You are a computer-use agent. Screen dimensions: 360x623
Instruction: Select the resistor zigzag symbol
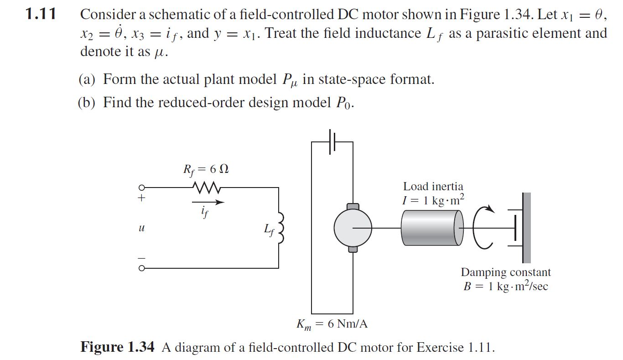click(207, 187)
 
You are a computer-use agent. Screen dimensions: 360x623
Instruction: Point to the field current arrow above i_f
click(208, 201)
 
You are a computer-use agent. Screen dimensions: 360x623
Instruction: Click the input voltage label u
click(142, 227)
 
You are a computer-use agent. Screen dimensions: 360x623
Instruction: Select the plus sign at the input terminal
click(142, 198)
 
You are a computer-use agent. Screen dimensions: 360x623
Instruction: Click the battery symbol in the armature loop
click(332, 142)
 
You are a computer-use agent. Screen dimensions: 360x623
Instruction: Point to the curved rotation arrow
click(484, 227)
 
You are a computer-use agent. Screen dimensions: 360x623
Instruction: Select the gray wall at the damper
click(527, 227)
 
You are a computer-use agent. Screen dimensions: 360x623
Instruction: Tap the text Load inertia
click(433, 186)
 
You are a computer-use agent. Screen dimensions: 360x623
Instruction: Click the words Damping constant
click(505, 272)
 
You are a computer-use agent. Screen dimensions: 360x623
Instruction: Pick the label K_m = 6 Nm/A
click(332, 324)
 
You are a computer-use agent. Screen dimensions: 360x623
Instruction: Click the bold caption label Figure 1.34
click(117, 347)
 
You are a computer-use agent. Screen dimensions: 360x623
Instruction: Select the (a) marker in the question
click(87, 80)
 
